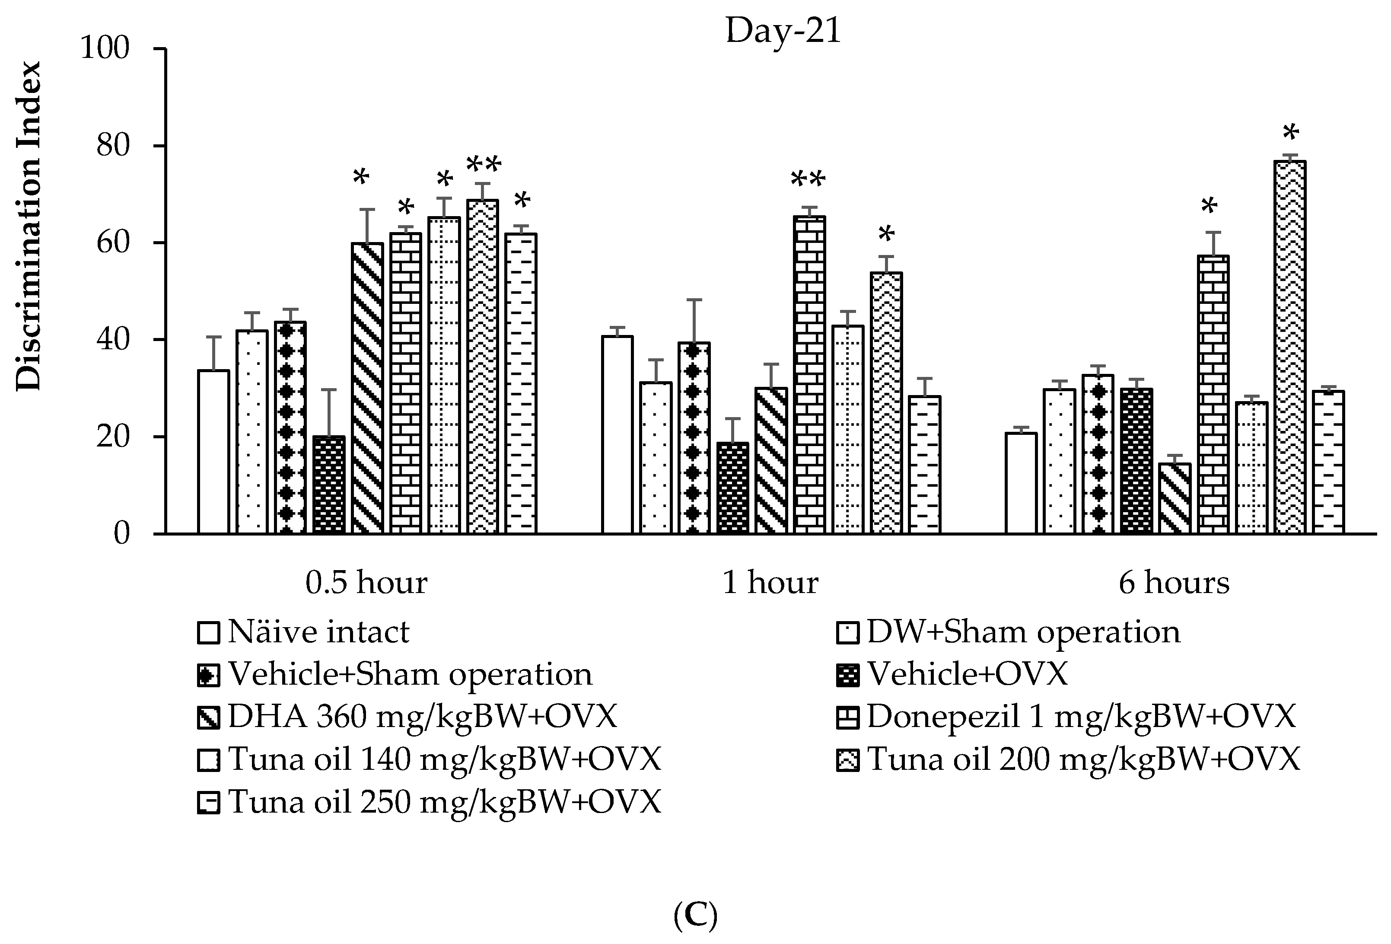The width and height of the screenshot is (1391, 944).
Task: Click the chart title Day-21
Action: pos(783,31)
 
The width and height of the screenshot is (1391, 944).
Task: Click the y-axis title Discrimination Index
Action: pos(29,226)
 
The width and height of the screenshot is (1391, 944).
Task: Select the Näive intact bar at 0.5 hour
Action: pos(213,452)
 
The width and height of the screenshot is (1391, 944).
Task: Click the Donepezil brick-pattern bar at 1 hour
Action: pos(809,375)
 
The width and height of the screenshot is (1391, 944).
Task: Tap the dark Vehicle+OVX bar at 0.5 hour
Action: pos(329,485)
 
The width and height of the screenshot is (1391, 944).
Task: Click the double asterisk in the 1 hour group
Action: pos(808,179)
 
